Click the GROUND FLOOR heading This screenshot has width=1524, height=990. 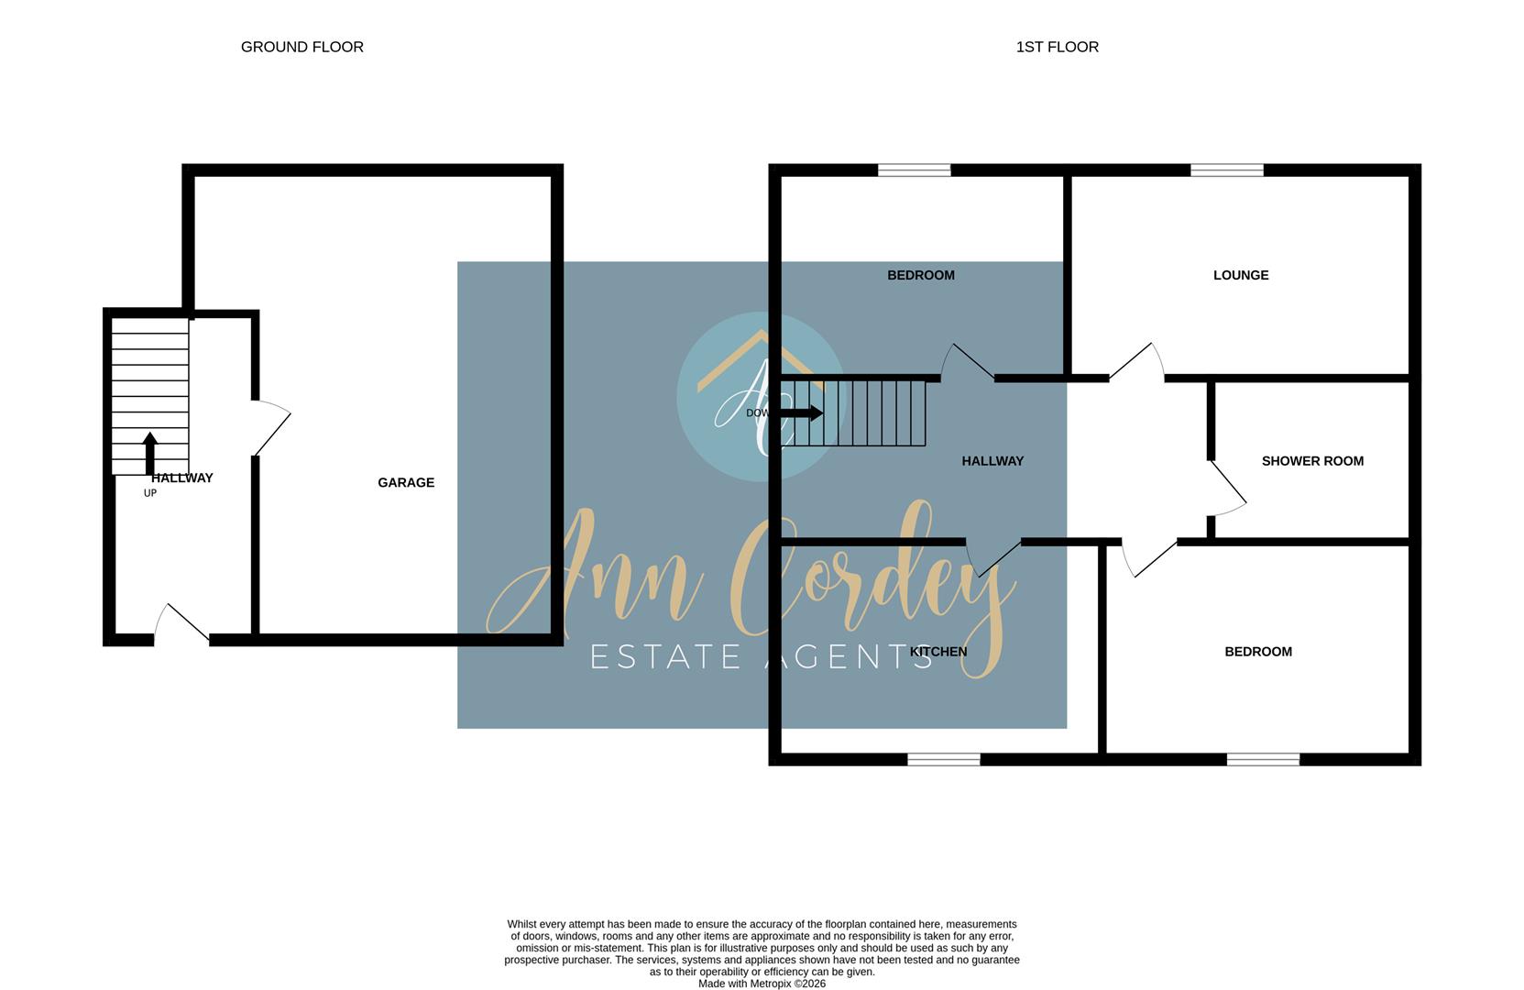click(302, 47)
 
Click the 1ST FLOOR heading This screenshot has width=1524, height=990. click(1057, 47)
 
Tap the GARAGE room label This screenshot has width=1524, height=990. click(406, 482)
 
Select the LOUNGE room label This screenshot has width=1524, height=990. click(1240, 275)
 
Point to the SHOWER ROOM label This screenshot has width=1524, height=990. click(1312, 461)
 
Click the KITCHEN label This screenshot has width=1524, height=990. click(938, 652)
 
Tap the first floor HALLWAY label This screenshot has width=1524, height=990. click(992, 461)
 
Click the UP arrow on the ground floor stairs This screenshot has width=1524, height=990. click(150, 453)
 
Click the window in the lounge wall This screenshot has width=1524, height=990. click(1226, 170)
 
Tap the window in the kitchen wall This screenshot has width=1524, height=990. click(943, 759)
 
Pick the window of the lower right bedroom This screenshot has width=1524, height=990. click(1263, 759)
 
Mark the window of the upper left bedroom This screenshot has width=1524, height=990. click(914, 170)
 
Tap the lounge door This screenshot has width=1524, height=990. click(1136, 362)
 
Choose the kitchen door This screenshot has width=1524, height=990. click(993, 556)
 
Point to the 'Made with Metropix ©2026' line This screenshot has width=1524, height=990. click(762, 984)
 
